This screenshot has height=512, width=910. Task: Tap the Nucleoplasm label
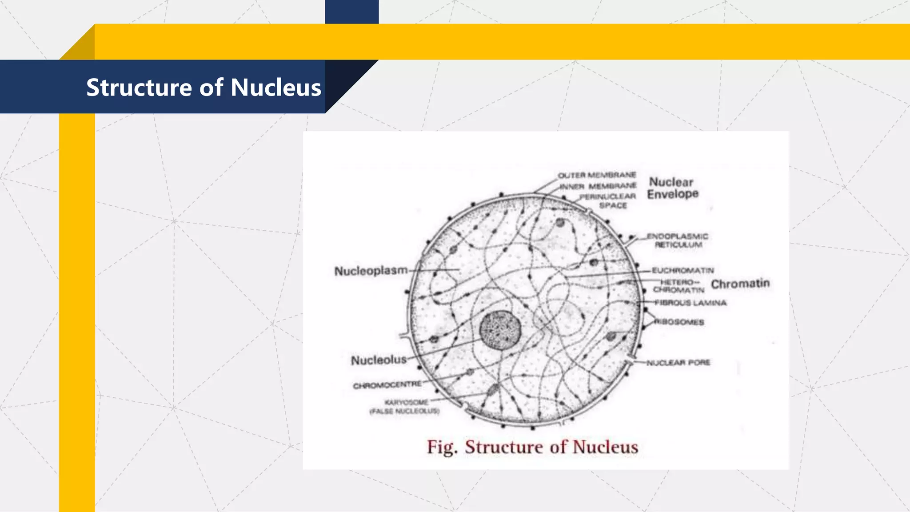371,271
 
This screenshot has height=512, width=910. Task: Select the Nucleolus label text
379,360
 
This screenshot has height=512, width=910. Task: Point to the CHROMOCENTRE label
387,385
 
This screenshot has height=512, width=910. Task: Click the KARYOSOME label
406,402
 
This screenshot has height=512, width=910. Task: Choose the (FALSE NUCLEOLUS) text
404,411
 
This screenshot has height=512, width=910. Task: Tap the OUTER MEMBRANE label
597,175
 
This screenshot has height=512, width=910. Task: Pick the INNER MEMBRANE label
598,186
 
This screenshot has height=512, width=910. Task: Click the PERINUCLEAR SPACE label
608,200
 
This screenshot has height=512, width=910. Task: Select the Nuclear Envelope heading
672,188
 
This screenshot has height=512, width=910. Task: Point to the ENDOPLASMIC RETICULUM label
678,240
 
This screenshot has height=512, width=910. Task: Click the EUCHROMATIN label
683,270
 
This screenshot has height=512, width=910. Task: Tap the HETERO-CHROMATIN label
679,286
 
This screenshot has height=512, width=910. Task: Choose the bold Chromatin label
740,284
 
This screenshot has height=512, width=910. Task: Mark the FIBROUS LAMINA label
690,303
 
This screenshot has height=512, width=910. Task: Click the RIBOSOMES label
680,322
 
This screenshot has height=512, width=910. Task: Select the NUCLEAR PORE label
678,363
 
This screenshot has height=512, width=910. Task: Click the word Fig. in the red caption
442,447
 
